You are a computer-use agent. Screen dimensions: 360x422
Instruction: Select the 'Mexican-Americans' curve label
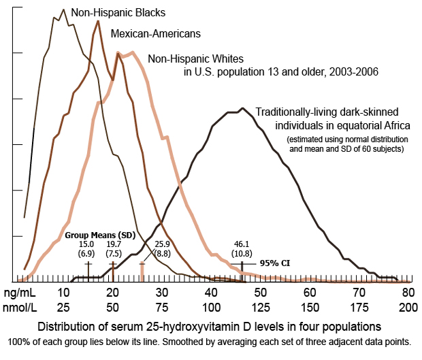pyautogui.click(x=155, y=33)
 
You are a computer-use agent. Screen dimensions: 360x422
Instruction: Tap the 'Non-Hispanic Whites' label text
pyautogui.click(x=195, y=59)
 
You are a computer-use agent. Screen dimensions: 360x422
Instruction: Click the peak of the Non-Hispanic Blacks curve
pyautogui.click(x=63, y=10)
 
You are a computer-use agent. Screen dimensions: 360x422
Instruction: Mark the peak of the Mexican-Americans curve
pyautogui.click(x=99, y=20)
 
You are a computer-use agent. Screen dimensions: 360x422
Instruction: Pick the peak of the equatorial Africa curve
pyautogui.click(x=242, y=108)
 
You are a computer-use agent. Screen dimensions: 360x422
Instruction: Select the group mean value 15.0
pyautogui.click(x=86, y=244)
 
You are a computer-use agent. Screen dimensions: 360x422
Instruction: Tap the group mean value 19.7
pyautogui.click(x=114, y=244)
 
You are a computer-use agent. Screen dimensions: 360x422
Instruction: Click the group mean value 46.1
pyautogui.click(x=242, y=244)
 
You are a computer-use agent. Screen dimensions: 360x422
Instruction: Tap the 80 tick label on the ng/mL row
pyautogui.click(x=408, y=292)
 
